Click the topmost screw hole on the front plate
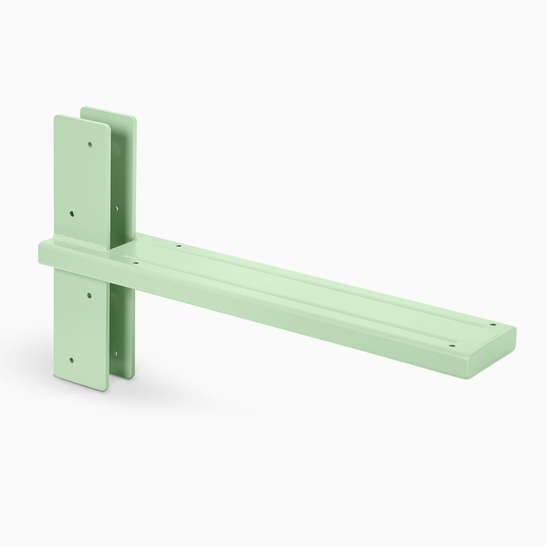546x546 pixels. (90, 145)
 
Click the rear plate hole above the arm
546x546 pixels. (116, 209)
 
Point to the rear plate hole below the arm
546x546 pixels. (116, 353)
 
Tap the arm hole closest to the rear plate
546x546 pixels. (178, 246)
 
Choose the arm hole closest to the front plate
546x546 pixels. (135, 262)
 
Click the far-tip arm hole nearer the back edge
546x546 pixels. (493, 324)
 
